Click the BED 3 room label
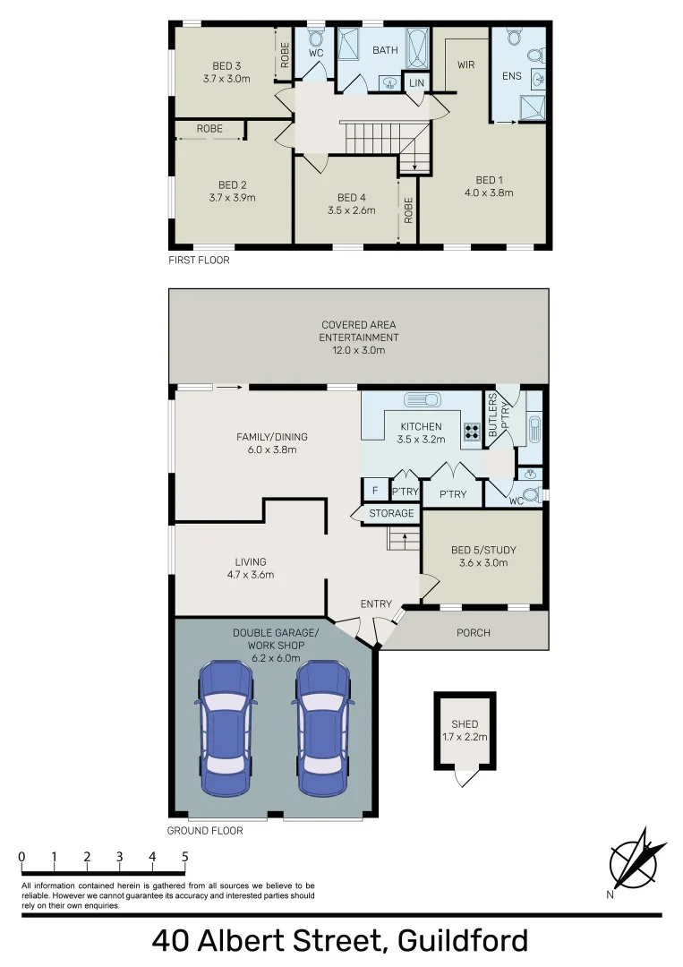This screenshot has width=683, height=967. [226, 66]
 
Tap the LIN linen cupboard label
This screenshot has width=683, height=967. [417, 82]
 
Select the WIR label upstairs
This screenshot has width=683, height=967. [466, 64]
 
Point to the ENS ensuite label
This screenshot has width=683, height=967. [512, 76]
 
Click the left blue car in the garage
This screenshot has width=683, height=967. [226, 728]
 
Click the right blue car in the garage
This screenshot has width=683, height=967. [323, 728]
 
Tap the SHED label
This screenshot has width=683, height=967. [465, 724]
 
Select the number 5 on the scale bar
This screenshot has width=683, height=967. [185, 857]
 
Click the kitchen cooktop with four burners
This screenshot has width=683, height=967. [472, 431]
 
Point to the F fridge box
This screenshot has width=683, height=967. [375, 491]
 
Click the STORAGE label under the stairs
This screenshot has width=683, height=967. [391, 513]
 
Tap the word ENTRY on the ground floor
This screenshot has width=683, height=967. [376, 603]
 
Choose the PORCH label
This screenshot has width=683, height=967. [474, 633]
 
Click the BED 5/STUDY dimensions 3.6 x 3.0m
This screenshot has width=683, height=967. [483, 562]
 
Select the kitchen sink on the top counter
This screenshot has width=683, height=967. [423, 399]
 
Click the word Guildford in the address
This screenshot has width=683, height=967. [463, 941]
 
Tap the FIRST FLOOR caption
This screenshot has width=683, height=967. [199, 261]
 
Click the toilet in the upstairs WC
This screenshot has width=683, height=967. [316, 38]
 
